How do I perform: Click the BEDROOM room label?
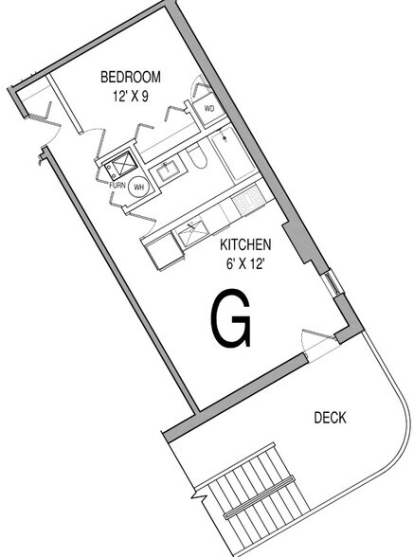point(131,77)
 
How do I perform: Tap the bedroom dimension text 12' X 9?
point(131,97)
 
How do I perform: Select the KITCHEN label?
point(245,244)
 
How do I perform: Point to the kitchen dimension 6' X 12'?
point(245,264)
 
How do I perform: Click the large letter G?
point(230,318)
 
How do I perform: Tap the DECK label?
point(330,418)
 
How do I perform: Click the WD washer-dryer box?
point(209,108)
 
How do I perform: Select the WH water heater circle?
point(139,187)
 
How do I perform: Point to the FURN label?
point(117,185)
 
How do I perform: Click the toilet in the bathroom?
point(196,158)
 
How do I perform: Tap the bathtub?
point(233,153)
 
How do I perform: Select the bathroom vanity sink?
point(168,171)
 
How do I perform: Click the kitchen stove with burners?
point(248,201)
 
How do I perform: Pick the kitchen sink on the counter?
point(192,232)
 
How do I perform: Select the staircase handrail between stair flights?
point(259,496)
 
